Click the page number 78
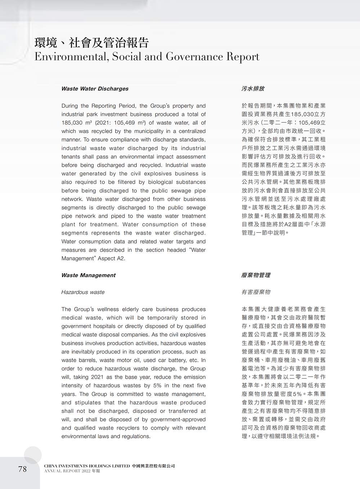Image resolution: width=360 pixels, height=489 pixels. [22, 469]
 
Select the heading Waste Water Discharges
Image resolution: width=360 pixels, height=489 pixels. [95, 89]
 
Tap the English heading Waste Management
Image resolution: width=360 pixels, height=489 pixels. [88, 275]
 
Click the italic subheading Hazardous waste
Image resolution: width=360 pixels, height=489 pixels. [83, 292]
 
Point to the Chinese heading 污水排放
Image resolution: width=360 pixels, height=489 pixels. [253, 89]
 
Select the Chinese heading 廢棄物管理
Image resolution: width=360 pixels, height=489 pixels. [256, 275]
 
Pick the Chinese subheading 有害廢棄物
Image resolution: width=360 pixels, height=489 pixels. [256, 292]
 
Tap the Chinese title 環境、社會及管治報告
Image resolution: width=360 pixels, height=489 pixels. [92, 43]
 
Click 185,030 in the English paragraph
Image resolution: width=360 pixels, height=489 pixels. [71, 123]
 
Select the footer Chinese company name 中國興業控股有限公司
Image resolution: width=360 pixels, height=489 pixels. [153, 466]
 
